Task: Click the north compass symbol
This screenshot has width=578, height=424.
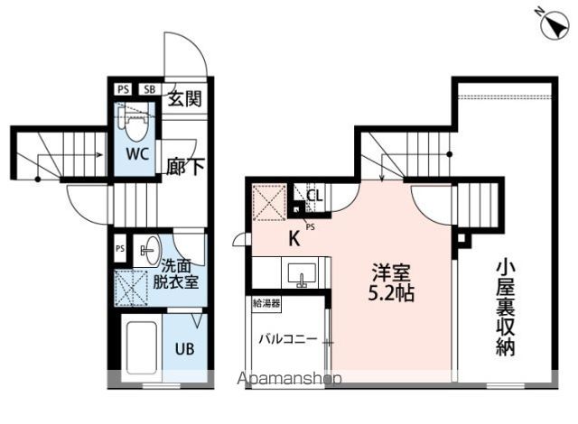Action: click(x=554, y=23)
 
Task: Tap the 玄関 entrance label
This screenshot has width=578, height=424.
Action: click(x=184, y=98)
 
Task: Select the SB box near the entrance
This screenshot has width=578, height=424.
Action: click(x=150, y=89)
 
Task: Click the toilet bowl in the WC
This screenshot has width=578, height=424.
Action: click(x=135, y=124)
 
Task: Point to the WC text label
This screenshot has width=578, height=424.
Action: click(x=137, y=154)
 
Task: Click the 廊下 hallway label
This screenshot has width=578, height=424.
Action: click(x=184, y=167)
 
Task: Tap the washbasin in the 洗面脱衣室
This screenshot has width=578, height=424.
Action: click(x=147, y=250)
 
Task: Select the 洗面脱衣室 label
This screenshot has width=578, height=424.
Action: click(x=175, y=274)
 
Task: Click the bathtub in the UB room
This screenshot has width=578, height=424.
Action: click(x=141, y=347)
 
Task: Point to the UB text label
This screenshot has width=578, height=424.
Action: click(x=184, y=348)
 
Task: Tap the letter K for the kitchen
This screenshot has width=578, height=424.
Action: click(x=294, y=239)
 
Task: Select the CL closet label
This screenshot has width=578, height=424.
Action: click(x=315, y=196)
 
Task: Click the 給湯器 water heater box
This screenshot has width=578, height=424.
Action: click(x=266, y=304)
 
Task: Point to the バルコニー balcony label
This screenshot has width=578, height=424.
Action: click(x=287, y=338)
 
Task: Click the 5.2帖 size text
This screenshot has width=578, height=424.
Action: click(x=391, y=293)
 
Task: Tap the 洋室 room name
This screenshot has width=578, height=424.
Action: click(x=391, y=272)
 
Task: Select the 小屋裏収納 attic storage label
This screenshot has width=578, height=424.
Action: click(x=505, y=308)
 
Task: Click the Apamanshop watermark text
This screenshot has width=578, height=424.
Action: click(x=289, y=378)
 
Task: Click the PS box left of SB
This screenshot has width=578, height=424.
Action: click(x=124, y=89)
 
